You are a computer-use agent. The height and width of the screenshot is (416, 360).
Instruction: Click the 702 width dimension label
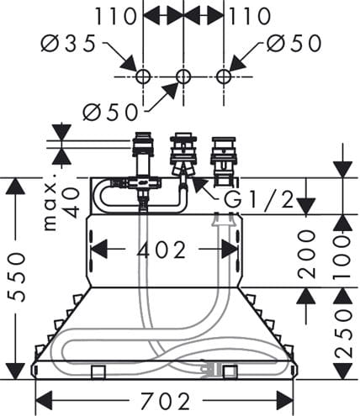[x=165, y=401]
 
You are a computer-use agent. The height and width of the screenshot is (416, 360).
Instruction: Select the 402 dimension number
[x=161, y=250]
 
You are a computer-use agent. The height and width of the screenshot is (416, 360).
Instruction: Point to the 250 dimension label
[x=343, y=334]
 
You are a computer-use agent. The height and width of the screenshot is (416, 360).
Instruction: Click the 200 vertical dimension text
[x=306, y=254]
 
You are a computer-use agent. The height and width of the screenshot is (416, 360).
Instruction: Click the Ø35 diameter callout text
[x=69, y=44]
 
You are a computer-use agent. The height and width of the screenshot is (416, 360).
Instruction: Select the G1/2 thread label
[x=258, y=199]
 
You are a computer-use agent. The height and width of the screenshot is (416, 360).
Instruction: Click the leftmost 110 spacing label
[x=115, y=16]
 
